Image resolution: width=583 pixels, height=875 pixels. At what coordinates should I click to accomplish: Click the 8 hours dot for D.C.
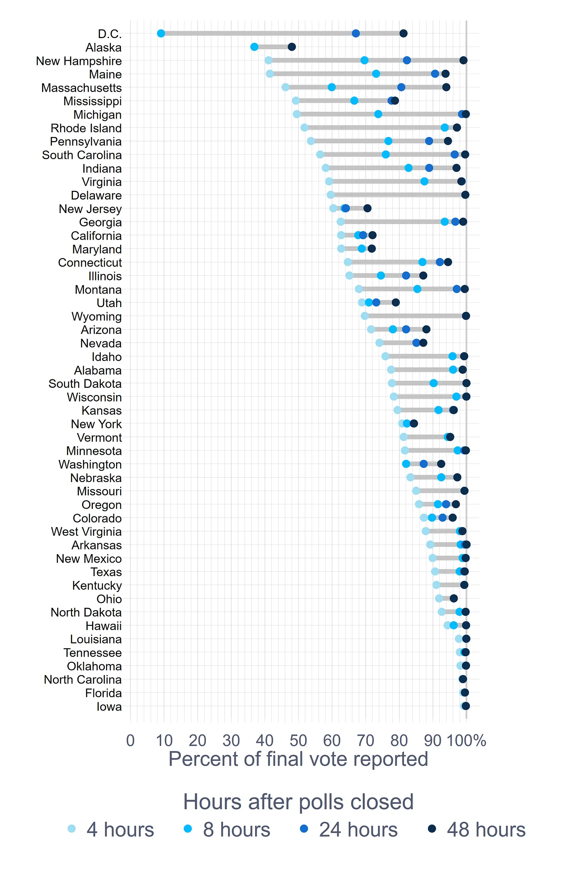(x=161, y=33)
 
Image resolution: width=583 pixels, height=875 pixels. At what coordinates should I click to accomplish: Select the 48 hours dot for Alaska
(x=292, y=47)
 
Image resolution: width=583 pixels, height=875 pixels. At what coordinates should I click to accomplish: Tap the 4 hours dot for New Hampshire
(x=269, y=60)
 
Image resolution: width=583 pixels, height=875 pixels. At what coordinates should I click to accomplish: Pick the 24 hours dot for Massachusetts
(x=401, y=87)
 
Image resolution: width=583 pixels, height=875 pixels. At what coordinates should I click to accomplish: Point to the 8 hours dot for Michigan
(x=378, y=114)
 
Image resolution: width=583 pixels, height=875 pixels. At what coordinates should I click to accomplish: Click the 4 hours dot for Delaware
(x=331, y=195)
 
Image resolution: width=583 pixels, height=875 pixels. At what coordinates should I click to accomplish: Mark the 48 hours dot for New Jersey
(x=367, y=208)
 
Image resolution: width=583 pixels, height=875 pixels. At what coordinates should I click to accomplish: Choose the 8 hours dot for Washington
(x=406, y=464)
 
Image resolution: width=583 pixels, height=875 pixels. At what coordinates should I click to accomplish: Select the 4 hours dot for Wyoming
(x=365, y=316)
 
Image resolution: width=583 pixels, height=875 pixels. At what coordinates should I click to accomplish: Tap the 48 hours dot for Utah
(x=396, y=302)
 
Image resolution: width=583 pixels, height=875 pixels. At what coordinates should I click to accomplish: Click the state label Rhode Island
(x=86, y=128)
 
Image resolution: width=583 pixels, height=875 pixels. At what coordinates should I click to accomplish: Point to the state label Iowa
(x=109, y=707)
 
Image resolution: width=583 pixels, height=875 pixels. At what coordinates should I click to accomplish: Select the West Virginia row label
(x=86, y=532)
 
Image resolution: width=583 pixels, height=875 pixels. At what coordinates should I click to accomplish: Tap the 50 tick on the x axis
(x=298, y=741)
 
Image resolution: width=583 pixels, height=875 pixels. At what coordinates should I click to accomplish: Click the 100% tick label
(x=466, y=741)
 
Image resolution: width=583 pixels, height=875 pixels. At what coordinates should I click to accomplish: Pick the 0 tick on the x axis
(x=131, y=741)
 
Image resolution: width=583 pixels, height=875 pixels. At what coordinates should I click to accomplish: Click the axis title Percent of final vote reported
(x=298, y=759)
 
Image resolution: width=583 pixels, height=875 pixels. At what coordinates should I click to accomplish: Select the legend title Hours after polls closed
(x=298, y=802)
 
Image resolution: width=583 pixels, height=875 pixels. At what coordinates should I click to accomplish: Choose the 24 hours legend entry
(x=348, y=829)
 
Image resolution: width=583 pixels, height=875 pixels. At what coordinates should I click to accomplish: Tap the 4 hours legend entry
(x=111, y=829)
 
